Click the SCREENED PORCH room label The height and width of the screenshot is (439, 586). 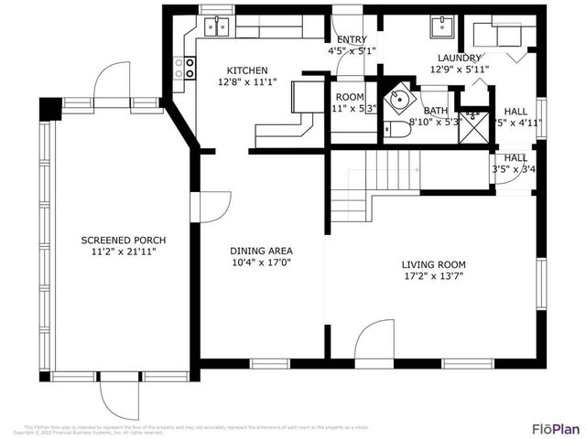point(117,240)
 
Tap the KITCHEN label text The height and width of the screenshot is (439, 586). point(247,70)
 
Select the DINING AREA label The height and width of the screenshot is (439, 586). point(261,250)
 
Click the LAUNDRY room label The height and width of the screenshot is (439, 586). point(460,58)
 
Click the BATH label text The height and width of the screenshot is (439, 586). point(436,110)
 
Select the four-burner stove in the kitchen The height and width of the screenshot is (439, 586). point(188,66)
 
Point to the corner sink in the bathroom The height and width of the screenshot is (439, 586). point(399,99)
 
